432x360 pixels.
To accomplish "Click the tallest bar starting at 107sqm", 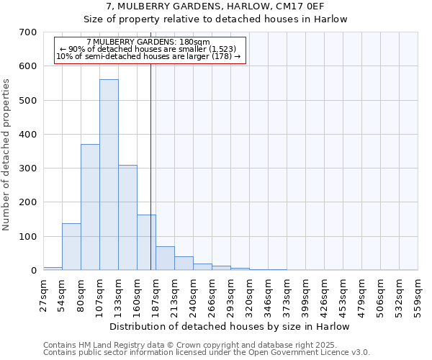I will click(109, 175).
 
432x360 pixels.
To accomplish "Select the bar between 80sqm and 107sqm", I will click(90, 207).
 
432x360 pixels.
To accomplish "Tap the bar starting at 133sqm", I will click(127, 217).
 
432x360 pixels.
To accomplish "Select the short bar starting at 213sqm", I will click(184, 264).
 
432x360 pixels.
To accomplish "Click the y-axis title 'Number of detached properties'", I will click(6, 155).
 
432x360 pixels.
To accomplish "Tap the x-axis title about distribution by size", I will click(230, 327).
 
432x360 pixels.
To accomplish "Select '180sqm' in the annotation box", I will click(194, 42).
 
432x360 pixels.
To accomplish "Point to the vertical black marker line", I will click(150, 180).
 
